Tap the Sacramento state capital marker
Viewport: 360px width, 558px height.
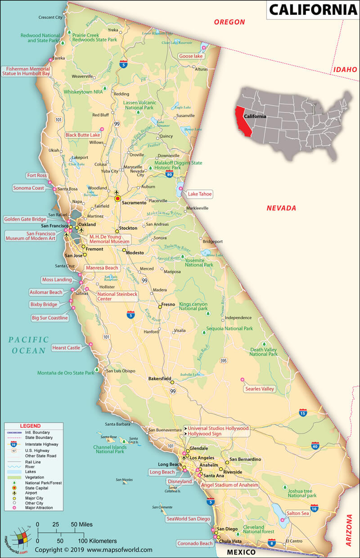[x=118, y=198]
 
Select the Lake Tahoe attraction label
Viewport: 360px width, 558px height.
[x=199, y=194]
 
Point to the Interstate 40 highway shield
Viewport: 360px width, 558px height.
[x=315, y=446]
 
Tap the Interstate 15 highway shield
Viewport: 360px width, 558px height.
[x=303, y=413]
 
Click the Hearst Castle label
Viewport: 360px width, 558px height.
[x=66, y=348]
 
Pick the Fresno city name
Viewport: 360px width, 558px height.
[x=168, y=304]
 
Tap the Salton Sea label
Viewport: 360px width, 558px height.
[x=297, y=513]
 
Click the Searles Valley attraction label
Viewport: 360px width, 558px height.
[x=260, y=388]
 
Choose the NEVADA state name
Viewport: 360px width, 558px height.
[x=281, y=208]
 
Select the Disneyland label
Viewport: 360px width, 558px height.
[x=180, y=481]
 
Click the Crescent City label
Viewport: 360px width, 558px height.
[x=50, y=18]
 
